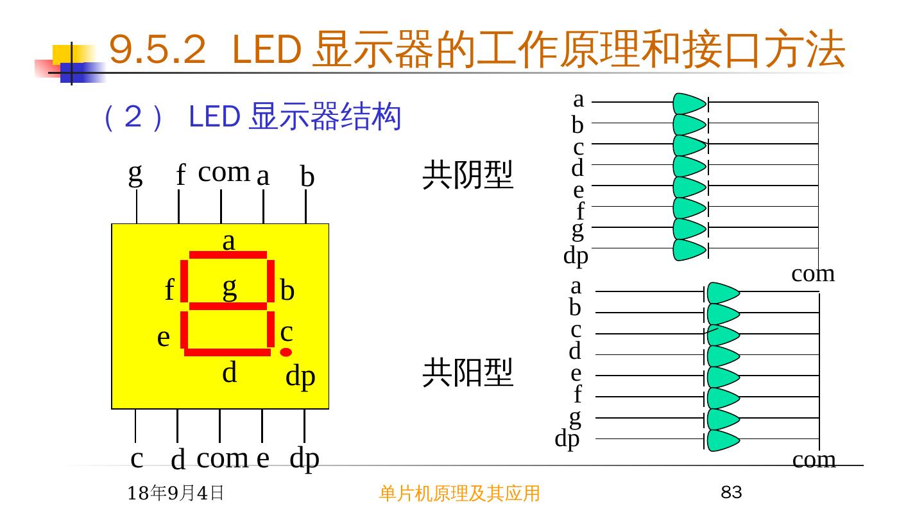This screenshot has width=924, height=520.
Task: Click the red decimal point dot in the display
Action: point(286,352)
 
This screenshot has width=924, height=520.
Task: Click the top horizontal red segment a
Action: point(228,255)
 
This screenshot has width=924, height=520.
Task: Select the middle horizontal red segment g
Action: point(228,306)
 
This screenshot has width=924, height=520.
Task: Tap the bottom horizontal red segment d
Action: point(228,352)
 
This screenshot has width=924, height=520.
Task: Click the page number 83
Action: point(732,493)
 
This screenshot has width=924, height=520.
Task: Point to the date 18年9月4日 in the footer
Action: point(175,493)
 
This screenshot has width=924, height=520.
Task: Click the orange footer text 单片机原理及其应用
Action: point(459,493)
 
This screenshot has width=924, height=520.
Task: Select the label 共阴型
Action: point(468,176)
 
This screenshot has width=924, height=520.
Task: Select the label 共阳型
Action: point(468,373)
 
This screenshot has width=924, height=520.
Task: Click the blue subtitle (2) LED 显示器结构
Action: point(252,118)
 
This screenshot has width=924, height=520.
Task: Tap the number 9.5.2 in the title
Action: point(158,50)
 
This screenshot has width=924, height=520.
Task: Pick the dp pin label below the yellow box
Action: point(304,459)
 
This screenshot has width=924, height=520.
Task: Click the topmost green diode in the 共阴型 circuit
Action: point(690,103)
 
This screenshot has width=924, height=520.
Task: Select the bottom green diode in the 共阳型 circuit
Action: point(723,441)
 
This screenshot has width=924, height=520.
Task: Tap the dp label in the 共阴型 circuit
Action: point(576,256)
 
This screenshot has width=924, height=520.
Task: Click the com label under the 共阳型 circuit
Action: point(814,460)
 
